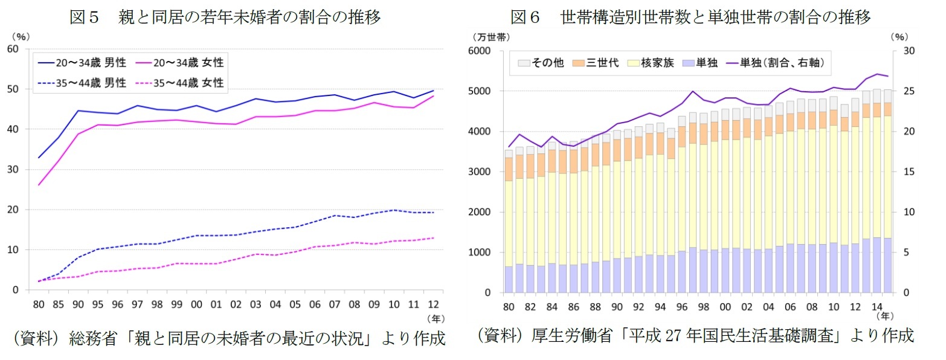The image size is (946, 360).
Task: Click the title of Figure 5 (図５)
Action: click(225, 18)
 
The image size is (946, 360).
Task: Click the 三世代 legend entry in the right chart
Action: click(598, 62)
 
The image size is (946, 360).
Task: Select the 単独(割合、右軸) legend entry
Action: click(777, 62)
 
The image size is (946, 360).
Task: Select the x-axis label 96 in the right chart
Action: click(683, 307)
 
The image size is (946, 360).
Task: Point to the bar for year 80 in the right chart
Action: click(509, 242)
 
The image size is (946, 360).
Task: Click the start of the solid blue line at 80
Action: click(39, 158)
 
